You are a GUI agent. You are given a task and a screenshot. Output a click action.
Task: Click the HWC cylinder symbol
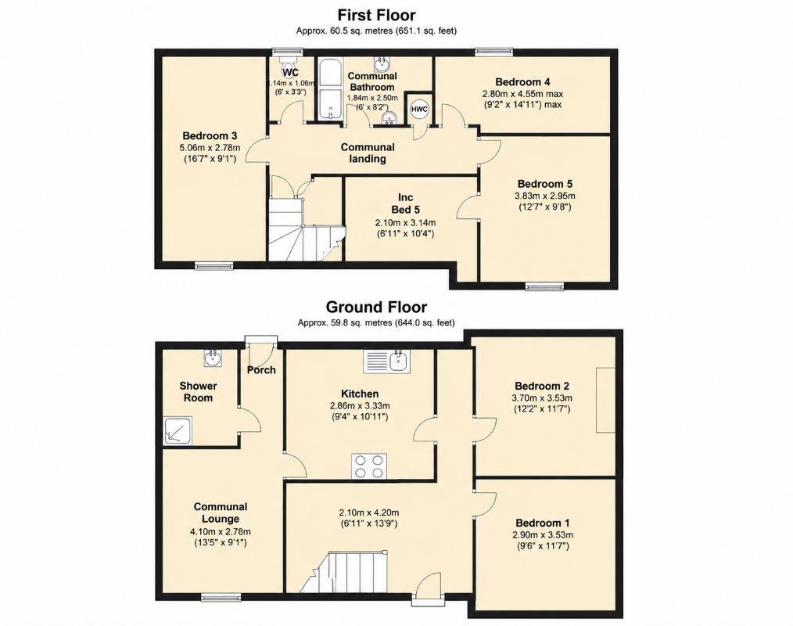419,109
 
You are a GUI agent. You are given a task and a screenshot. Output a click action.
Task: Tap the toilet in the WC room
288,63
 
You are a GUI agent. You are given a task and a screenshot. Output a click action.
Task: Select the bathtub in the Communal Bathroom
330,89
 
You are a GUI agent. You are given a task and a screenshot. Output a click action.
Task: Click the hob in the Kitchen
369,466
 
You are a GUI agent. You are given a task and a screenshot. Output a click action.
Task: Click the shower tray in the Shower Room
178,430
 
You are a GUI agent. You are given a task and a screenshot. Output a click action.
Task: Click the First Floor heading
376,14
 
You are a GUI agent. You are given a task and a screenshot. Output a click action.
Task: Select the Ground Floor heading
376,307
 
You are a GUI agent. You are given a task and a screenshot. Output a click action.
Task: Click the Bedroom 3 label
210,135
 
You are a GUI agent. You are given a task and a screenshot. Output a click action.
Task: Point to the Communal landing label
368,153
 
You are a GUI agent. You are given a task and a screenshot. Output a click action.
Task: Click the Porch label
261,370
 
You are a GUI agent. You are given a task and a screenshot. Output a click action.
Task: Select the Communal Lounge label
221,513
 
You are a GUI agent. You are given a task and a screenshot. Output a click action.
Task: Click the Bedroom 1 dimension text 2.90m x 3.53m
543,535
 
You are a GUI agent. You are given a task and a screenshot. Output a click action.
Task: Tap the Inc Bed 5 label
405,203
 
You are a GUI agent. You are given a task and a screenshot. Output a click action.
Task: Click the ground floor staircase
344,572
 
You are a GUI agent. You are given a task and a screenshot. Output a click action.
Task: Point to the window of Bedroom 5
544,287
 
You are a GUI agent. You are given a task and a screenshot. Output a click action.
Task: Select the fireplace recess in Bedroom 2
606,401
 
